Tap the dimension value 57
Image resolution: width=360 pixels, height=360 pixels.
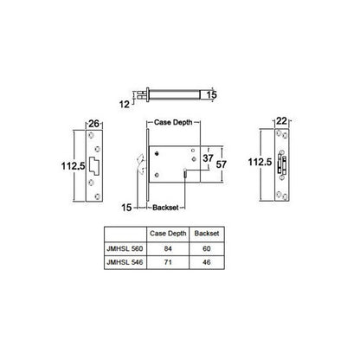click(222, 162)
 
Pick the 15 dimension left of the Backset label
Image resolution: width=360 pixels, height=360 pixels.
click(129, 208)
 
